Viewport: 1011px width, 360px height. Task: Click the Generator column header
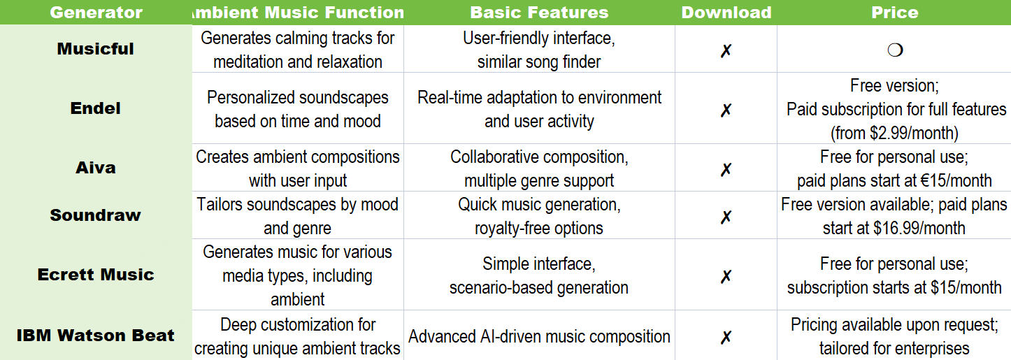(96, 12)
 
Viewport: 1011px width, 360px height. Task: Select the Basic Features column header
(539, 12)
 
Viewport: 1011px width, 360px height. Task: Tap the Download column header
(726, 12)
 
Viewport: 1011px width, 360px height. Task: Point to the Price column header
(894, 12)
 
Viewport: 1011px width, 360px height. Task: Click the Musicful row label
(95, 49)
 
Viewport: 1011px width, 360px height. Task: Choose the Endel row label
(95, 108)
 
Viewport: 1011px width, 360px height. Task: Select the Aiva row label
(95, 168)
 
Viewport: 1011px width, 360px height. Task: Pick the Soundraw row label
(95, 215)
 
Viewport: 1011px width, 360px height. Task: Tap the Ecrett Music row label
(96, 275)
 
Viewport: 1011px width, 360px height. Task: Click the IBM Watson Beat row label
(95, 336)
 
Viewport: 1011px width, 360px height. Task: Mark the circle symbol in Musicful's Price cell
(895, 50)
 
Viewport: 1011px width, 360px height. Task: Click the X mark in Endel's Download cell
(726, 110)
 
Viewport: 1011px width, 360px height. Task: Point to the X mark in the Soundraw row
(726, 217)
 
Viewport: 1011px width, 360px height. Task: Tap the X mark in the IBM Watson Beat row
(726, 337)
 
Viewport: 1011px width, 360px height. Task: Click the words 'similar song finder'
(539, 62)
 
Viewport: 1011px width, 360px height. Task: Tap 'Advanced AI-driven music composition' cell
(539, 336)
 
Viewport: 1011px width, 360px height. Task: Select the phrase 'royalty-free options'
(539, 229)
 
